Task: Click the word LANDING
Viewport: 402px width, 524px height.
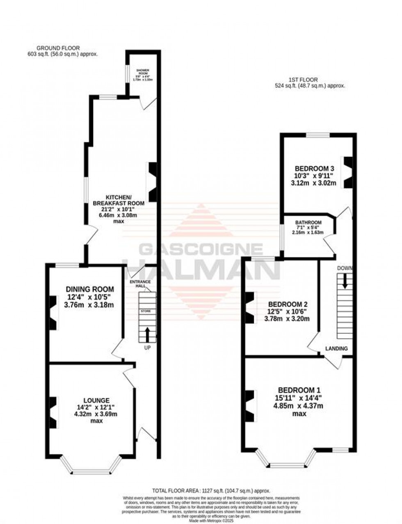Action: point(336,348)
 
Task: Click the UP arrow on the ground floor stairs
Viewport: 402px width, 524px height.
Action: point(147,334)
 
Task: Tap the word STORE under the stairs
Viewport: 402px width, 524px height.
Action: point(146,311)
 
